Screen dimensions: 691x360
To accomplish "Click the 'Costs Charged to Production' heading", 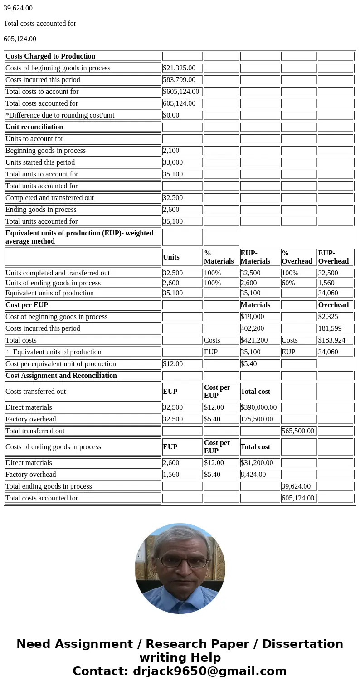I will tap(50, 56).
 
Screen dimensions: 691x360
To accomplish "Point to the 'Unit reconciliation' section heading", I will tap(34, 127).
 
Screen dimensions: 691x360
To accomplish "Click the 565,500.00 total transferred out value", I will tap(298, 431).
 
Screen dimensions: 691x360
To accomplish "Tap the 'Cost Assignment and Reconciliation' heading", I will tap(61, 376).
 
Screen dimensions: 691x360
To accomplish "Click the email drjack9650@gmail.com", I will tap(209, 671).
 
